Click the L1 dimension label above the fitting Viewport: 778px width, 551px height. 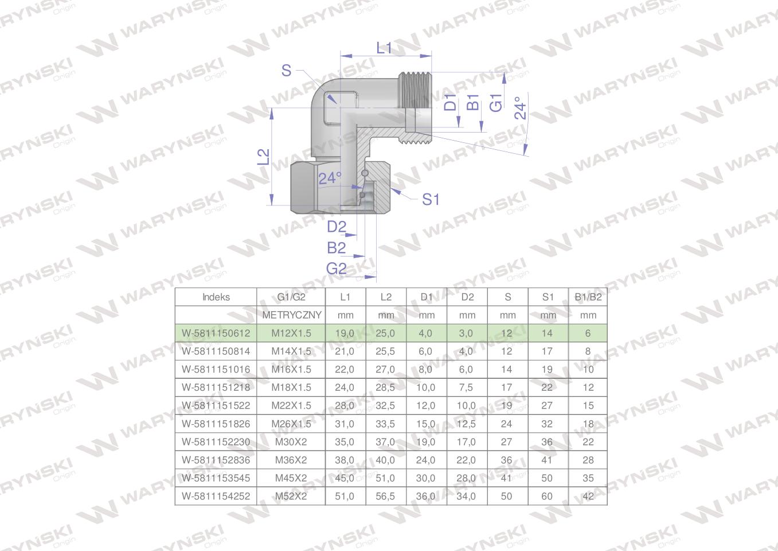click(384, 48)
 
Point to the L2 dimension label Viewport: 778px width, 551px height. click(263, 157)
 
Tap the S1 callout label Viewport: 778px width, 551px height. click(431, 200)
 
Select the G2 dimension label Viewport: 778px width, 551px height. click(336, 269)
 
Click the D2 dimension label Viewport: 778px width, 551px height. click(337, 227)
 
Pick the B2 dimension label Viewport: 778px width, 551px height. click(336, 248)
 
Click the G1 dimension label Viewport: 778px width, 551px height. click(495, 103)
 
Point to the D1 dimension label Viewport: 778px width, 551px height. click(450, 102)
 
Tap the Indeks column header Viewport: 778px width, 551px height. click(216, 297)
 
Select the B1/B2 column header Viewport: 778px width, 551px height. click(588, 297)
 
